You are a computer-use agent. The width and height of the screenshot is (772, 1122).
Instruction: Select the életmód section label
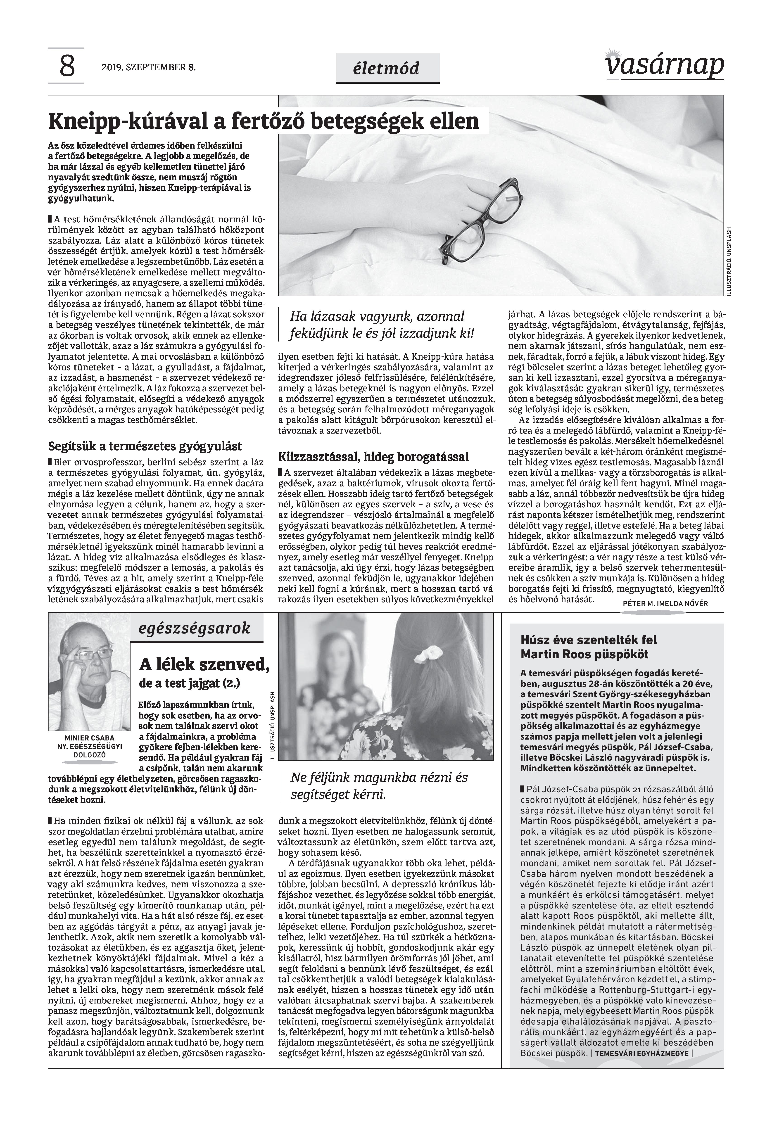tap(387, 68)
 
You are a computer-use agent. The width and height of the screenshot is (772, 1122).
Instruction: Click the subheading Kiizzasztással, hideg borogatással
tap(373, 456)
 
